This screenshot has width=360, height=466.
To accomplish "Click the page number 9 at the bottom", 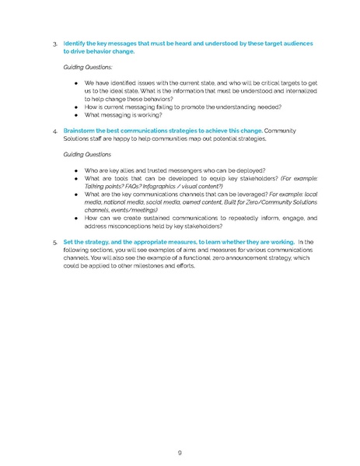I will [x=180, y=429].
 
